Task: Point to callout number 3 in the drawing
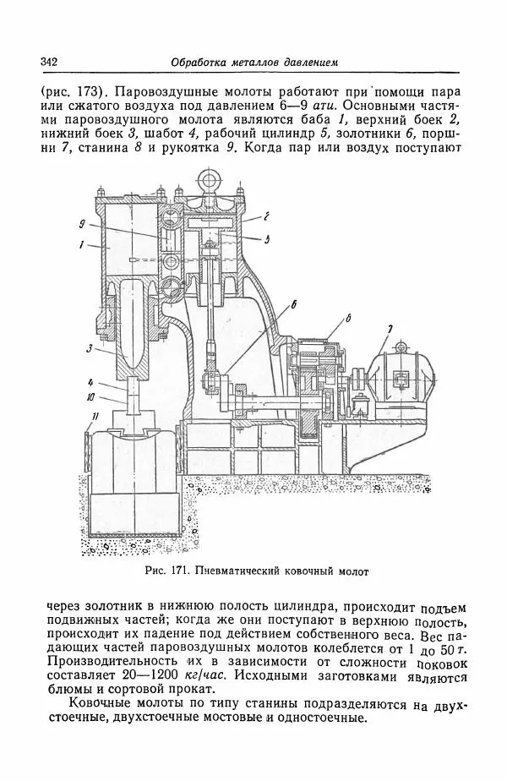point(88,347)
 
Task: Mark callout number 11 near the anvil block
point(95,417)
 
